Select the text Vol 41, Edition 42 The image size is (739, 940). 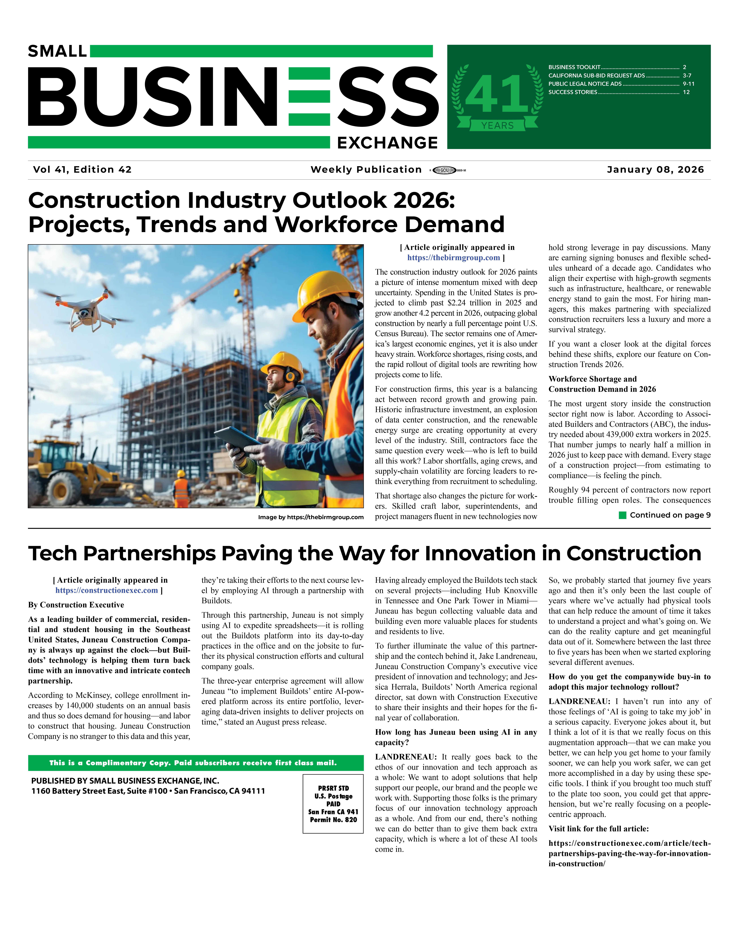click(x=82, y=170)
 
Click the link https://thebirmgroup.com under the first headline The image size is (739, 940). click(x=453, y=258)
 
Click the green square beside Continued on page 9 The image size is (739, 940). click(x=623, y=515)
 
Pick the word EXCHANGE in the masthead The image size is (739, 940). click(x=387, y=143)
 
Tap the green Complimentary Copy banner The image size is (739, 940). click(x=196, y=763)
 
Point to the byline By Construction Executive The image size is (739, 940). click(x=76, y=605)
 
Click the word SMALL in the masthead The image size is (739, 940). click(x=57, y=51)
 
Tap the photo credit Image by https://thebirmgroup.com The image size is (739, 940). click(x=311, y=517)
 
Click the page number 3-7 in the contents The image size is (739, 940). click(x=687, y=75)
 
